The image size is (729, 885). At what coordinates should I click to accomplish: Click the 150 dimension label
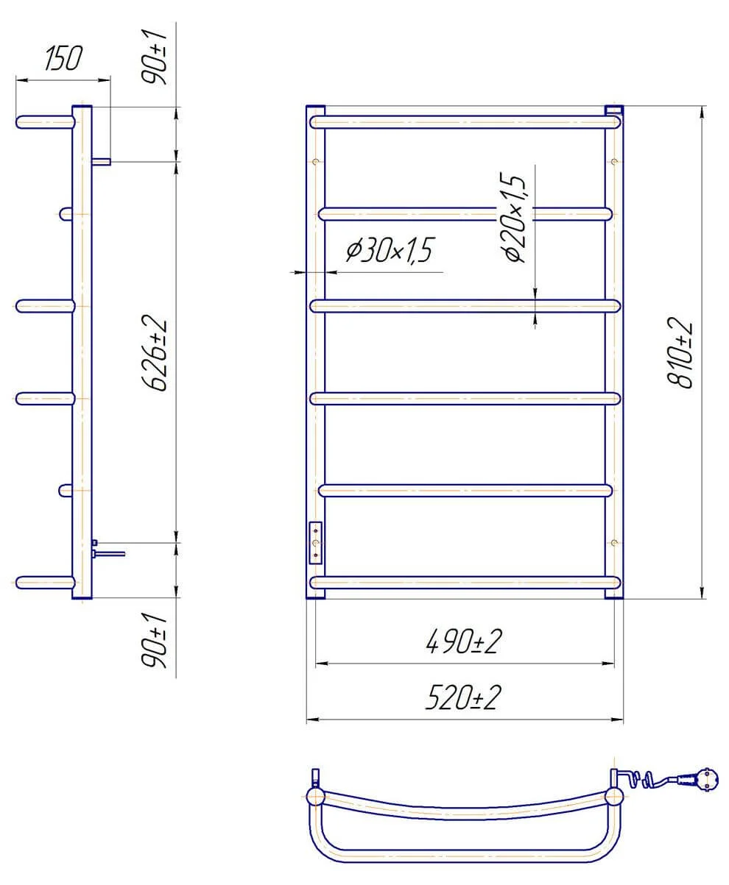pyautogui.click(x=63, y=58)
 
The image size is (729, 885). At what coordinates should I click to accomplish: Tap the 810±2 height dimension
pyautogui.click(x=679, y=352)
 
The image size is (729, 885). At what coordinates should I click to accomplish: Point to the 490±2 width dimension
pyautogui.click(x=464, y=641)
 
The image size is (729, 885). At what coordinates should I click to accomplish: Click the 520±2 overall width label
pyautogui.click(x=463, y=697)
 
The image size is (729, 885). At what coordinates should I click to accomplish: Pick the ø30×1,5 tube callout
pyautogui.click(x=389, y=250)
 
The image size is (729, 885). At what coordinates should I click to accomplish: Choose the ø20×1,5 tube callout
pyautogui.click(x=513, y=217)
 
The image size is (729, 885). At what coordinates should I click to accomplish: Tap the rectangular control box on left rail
pyautogui.click(x=315, y=543)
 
